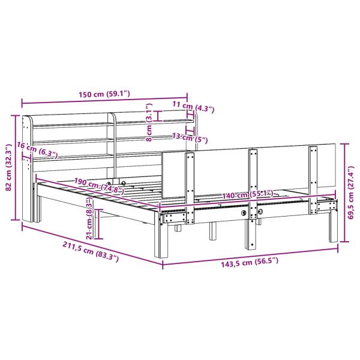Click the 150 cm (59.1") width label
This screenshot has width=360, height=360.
coord(104,94)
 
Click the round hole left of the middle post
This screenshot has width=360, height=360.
coord(244,213)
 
